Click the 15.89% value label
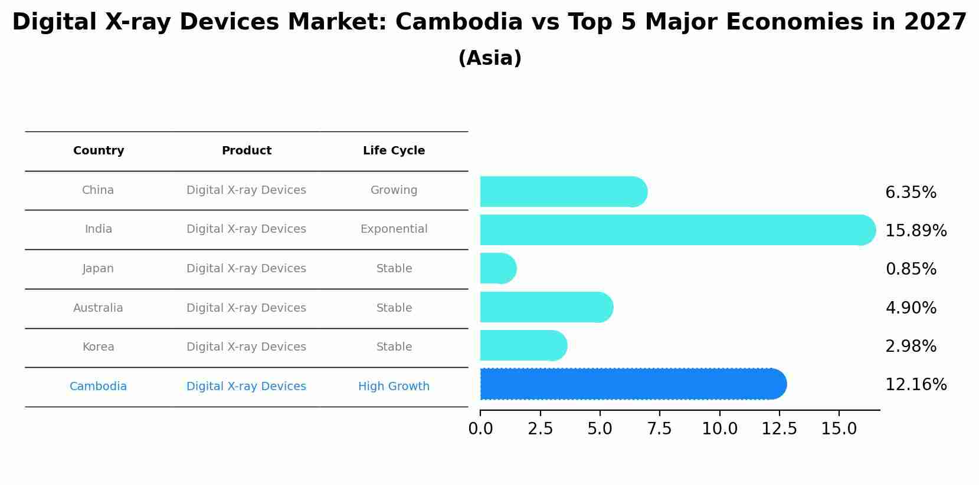916,230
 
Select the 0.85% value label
911,269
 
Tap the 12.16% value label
916,385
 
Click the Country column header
99,151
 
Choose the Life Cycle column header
394,151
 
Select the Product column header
246,151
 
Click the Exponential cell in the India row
394,229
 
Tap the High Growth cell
394,387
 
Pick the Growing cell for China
394,190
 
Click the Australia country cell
98,308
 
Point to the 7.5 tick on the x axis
659,429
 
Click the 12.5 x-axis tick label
779,429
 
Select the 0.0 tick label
480,429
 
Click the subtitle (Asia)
489,58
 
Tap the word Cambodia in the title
459,22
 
